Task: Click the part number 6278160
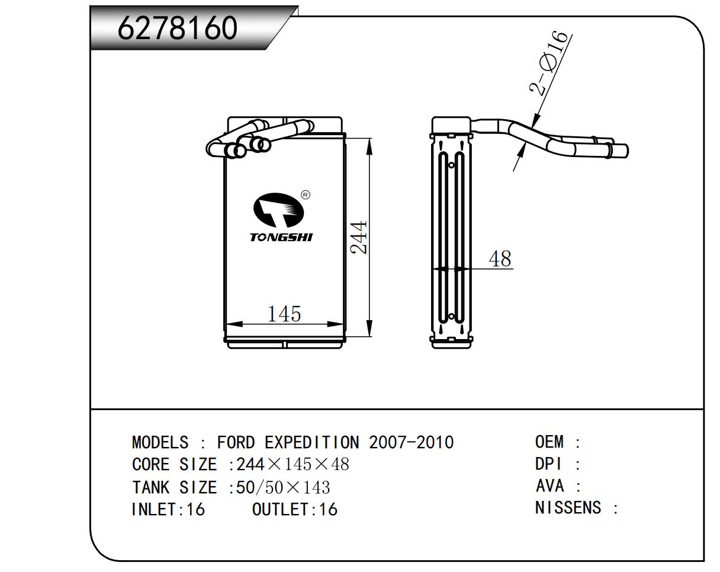178,28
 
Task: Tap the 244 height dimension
359,237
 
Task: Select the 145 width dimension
284,314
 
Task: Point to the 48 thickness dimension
500,258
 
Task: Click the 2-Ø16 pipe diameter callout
550,63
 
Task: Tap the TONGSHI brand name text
281,237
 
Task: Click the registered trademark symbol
306,194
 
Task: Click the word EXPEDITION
311,442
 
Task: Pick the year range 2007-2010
412,442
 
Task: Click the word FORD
236,442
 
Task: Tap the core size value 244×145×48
292,464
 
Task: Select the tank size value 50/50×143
283,487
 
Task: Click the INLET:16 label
168,509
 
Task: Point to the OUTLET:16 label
295,509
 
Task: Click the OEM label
549,442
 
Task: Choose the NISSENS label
568,507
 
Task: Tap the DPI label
548,464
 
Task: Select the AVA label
549,486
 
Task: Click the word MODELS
160,442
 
